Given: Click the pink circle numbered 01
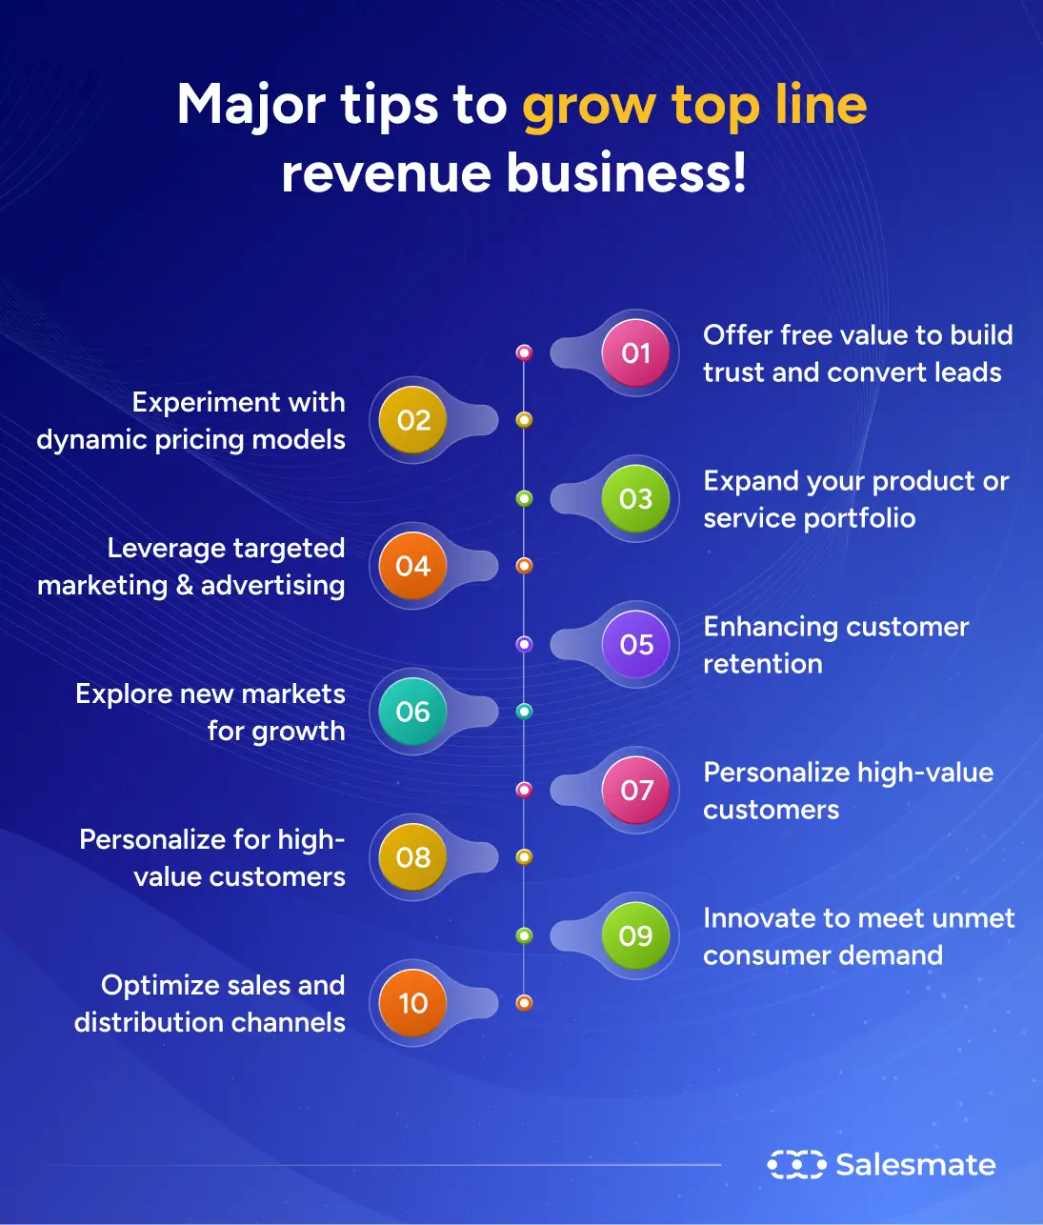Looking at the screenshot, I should pos(635,353).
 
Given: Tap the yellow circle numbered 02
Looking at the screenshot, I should pos(413,421).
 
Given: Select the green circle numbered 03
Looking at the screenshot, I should pos(635,499).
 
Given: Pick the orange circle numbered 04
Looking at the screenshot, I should pos(413,567).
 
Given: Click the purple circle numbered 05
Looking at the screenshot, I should pos(635,645).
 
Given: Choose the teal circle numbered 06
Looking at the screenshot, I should pos(413,713).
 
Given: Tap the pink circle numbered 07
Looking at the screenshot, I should pos(635,791).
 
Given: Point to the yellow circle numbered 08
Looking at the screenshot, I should pos(413,858).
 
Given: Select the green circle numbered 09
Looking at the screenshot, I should pos(635,936).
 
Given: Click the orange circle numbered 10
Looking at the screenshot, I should pos(413,1004).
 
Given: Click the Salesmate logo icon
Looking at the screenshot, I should pos(795,1164).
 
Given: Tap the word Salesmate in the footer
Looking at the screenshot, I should pos(915,1164).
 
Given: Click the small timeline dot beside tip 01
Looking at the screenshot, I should pos(524,352).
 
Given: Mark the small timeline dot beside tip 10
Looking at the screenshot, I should pos(524,1002).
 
